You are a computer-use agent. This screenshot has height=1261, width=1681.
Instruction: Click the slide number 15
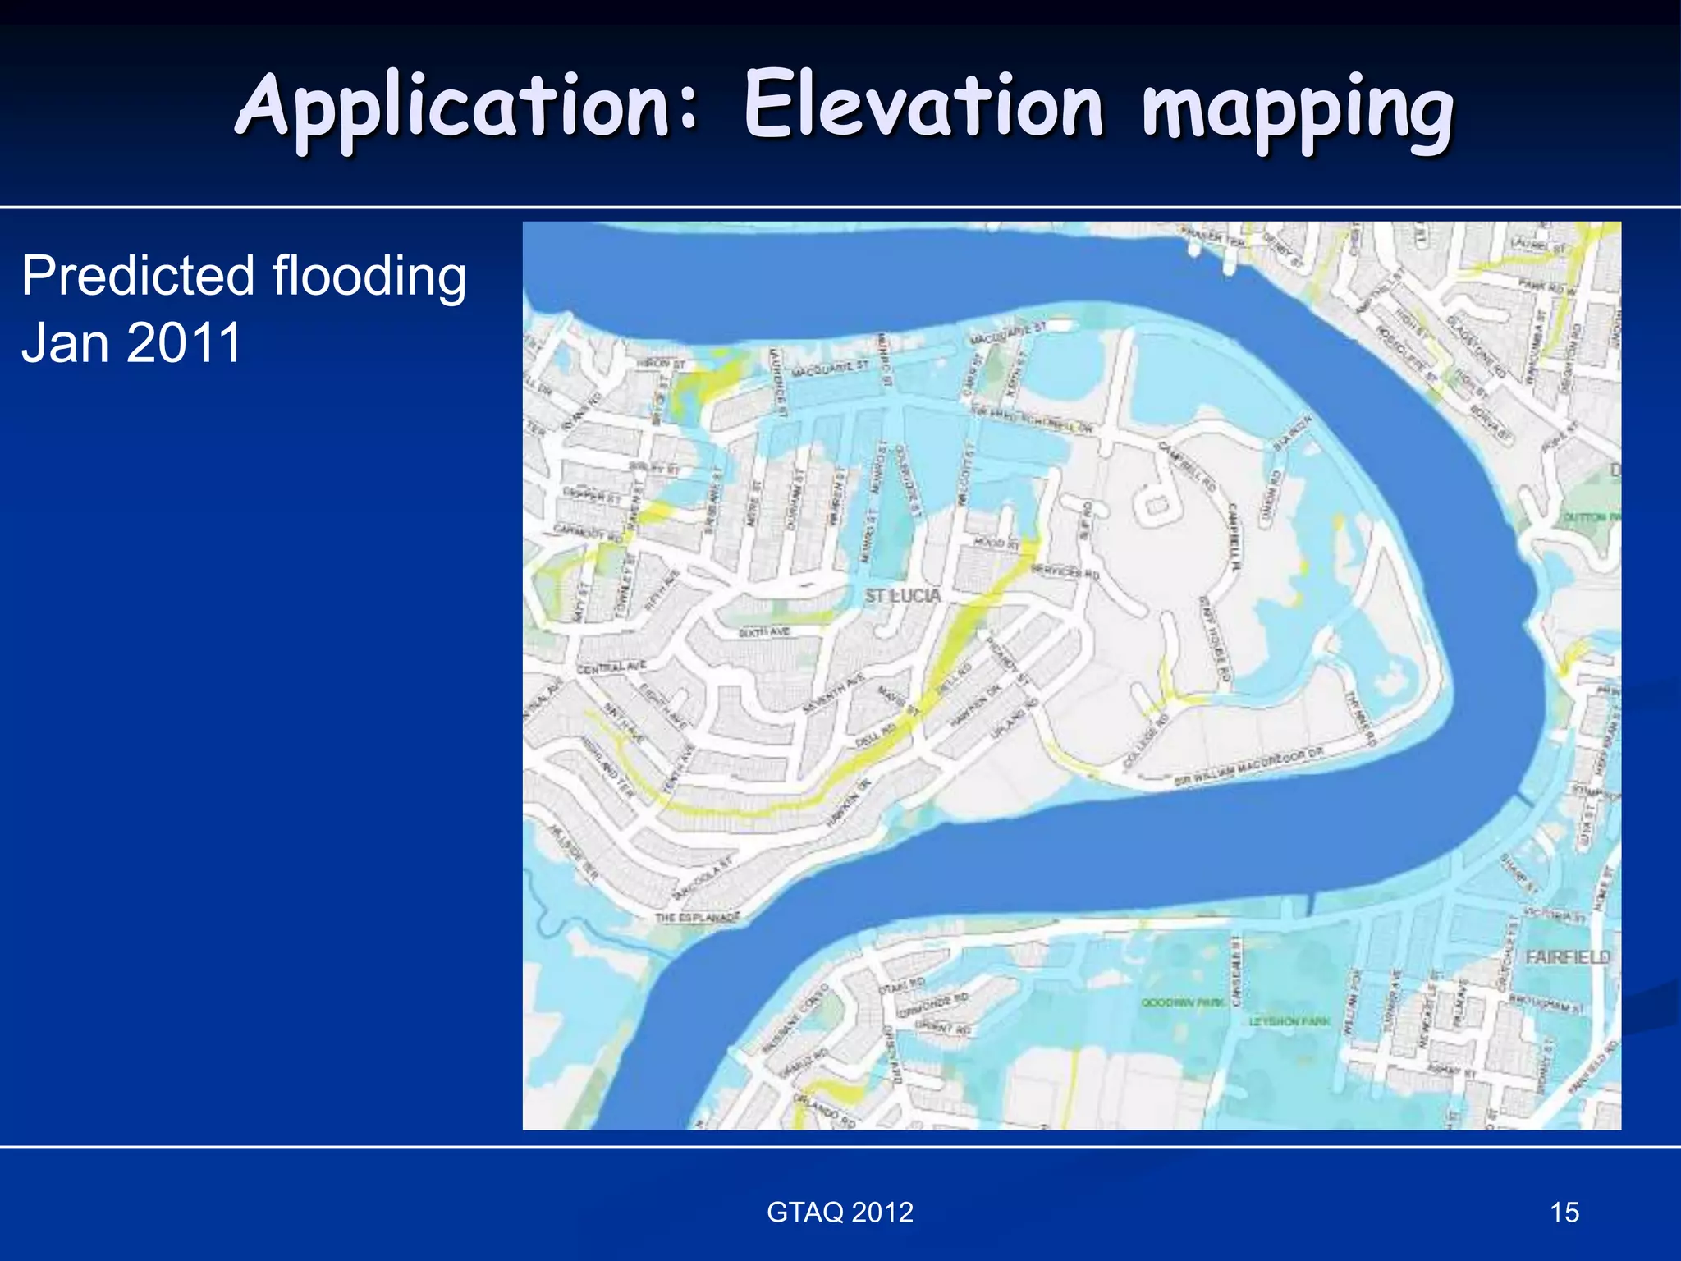click(1564, 1212)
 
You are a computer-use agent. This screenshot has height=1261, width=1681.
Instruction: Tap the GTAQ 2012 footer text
click(840, 1212)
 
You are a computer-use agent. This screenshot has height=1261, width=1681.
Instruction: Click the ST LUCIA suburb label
click(902, 595)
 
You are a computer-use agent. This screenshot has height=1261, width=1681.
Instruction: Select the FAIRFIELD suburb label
click(1567, 957)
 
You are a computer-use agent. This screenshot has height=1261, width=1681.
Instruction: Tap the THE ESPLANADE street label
click(697, 917)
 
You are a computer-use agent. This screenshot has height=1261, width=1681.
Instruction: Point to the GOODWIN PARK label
click(1183, 1002)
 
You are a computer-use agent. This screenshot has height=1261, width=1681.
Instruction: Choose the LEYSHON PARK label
click(1289, 1021)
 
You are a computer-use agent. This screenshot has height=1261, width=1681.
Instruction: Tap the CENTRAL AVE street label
click(611, 667)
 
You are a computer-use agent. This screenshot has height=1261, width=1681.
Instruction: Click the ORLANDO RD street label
click(824, 1108)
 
